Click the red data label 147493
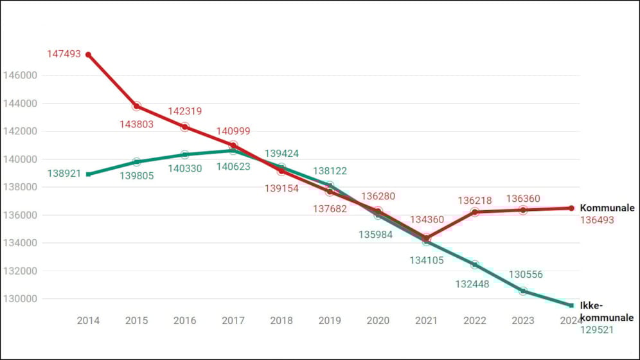pos(64,54)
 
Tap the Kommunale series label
pos(607,208)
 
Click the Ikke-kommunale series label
pos(607,311)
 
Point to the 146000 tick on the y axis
pos(21,75)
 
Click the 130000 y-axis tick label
pos(21,299)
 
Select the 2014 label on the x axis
pos(88,320)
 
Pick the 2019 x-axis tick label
pos(330,320)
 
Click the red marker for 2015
pos(137,106)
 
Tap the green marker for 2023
pos(523,291)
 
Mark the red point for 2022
pos(475,212)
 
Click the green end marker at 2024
pos(571,305)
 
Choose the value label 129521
pos(598,330)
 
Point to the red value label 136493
pos(598,220)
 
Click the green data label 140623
pos(233,166)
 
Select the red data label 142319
pos(185,111)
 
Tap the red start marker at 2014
pos(88,55)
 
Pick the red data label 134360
pos(427,220)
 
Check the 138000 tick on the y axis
pos(21,187)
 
